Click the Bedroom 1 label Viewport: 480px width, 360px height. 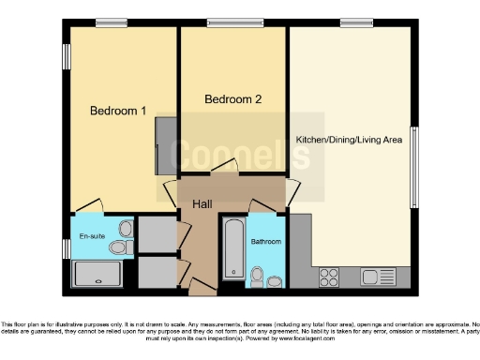pos(117,111)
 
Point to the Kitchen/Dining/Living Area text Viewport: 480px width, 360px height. pos(349,140)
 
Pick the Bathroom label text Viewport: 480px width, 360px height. pos(265,240)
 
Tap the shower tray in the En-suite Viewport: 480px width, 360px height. pos(97,274)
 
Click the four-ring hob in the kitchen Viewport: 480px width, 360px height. pos(329,277)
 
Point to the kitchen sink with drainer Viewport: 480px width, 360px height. pos(379,277)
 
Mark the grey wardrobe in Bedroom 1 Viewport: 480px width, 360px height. pos(165,145)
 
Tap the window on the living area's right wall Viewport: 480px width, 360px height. pos(413,166)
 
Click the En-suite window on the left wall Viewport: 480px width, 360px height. pos(67,248)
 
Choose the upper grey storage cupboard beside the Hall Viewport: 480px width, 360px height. pos(157,232)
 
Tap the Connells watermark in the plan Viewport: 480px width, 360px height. pos(232,153)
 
